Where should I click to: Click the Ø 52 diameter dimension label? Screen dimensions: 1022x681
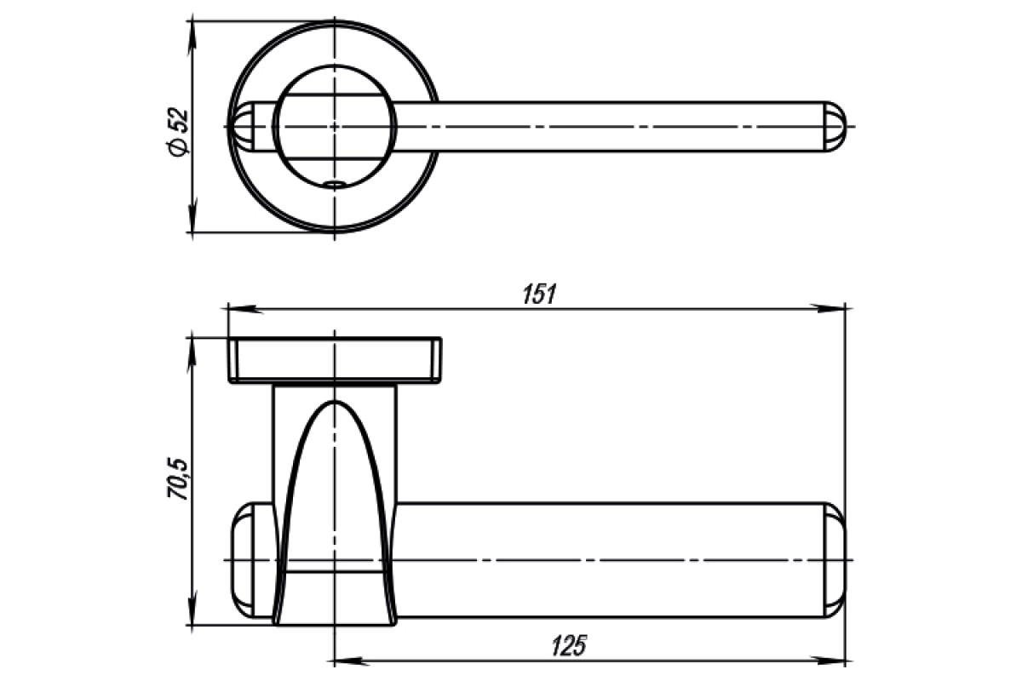coord(178,132)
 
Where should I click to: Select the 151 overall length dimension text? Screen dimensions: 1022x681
coord(540,295)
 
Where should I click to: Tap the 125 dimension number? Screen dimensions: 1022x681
coord(569,645)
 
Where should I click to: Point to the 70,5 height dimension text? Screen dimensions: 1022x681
coord(178,480)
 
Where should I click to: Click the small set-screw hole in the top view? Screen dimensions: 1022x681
coord(334,184)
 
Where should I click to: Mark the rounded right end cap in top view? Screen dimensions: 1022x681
coord(835,127)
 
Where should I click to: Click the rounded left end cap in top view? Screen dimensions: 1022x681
coord(242,127)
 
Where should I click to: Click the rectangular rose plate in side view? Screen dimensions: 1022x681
coord(335,360)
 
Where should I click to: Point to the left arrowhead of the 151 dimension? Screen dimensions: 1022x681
coord(245,309)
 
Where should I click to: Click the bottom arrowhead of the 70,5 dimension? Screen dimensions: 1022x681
coord(193,608)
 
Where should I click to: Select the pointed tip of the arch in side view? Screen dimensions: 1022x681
coord(335,402)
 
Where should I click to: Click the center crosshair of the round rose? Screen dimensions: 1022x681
coord(335,126)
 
